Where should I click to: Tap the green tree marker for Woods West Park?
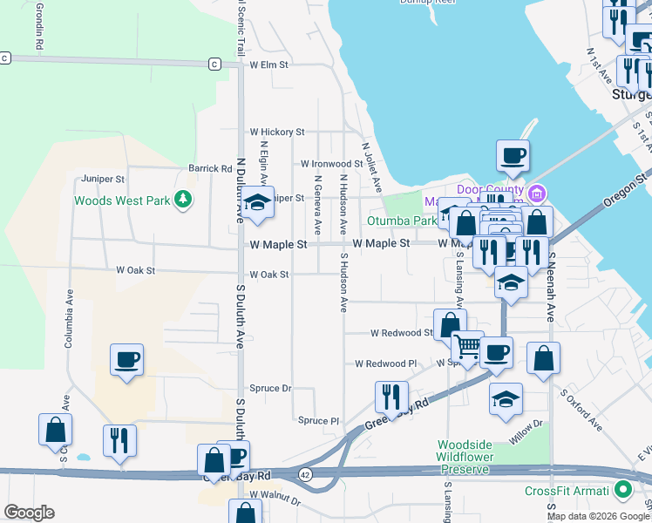pos(182,200)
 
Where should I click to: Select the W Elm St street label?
pos(268,65)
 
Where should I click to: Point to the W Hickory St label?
pos(277,132)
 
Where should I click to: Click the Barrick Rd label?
pos(210,168)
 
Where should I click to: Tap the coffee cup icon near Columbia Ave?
pos(126,359)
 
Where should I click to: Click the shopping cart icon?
pos(468,347)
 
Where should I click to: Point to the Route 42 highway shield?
pos(303,474)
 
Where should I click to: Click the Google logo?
pos(29,513)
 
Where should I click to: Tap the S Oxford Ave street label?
pos(581,411)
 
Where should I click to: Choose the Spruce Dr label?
pos(270,388)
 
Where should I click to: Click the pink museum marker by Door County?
pos(538,192)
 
